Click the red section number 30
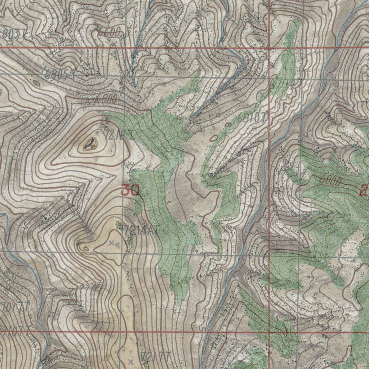coord(130,190)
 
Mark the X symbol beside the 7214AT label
coord(111,243)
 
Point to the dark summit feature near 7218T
coord(90,145)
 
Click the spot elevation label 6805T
coord(61,75)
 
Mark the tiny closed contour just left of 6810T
coord(228,125)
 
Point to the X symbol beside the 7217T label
coord(130,361)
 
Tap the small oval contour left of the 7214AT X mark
coord(86,248)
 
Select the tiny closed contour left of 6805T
coord(36,83)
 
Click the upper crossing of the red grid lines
coord(270,48)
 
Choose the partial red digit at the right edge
coord(365,190)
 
